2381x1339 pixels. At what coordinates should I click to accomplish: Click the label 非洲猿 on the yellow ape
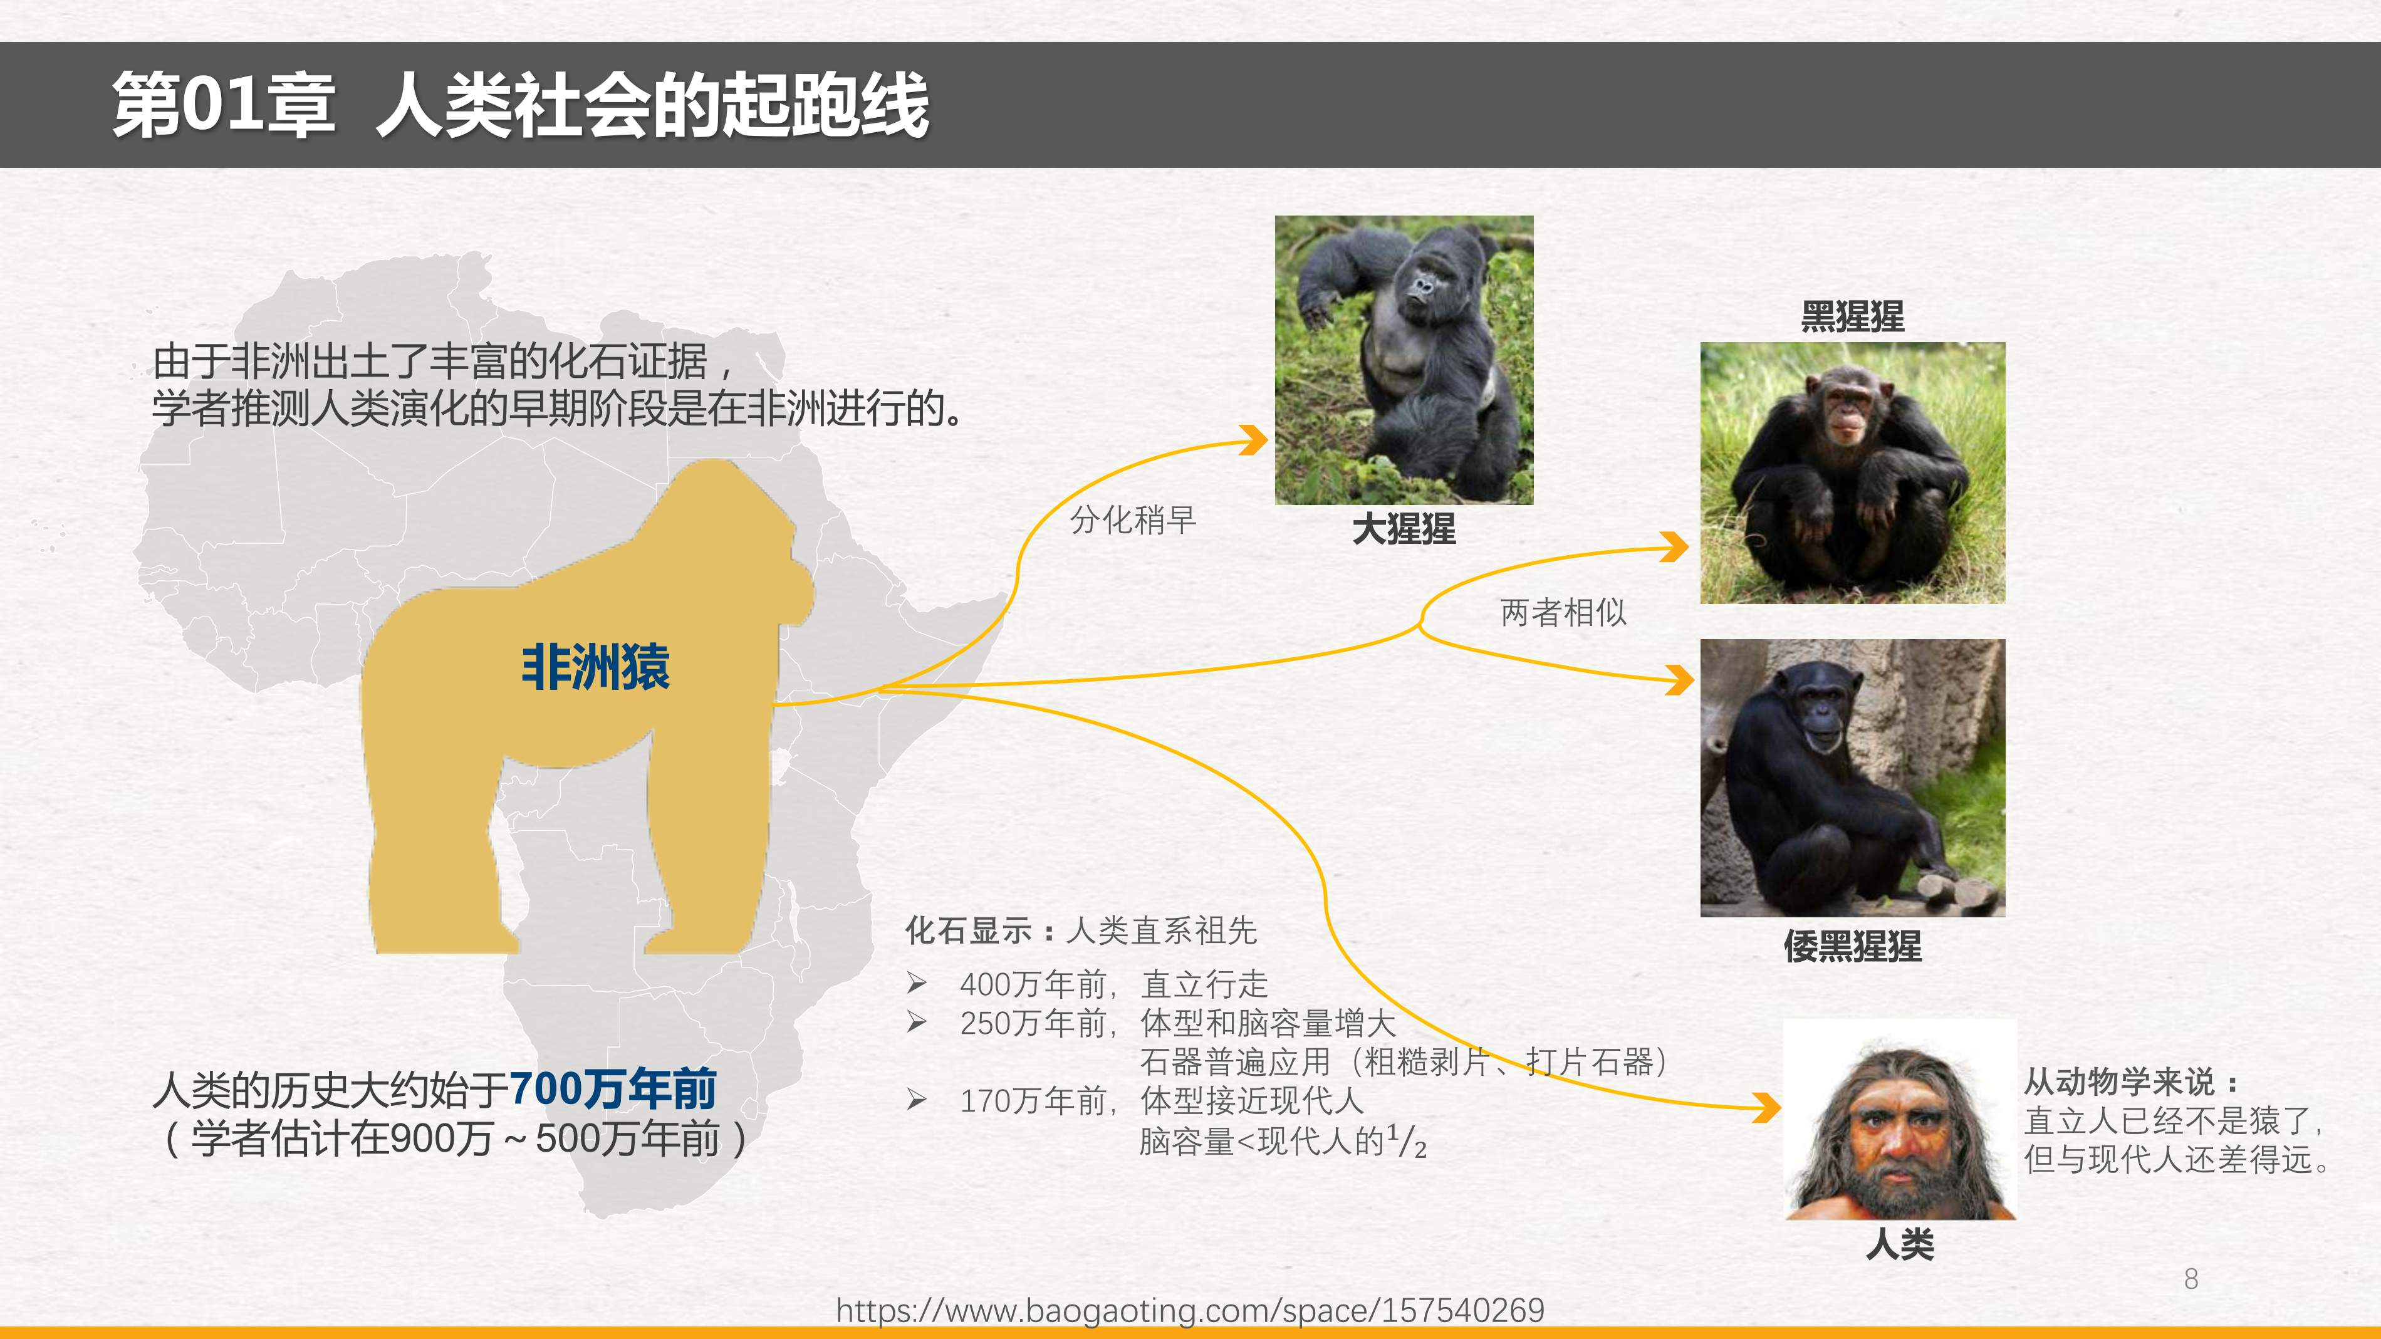(x=595, y=667)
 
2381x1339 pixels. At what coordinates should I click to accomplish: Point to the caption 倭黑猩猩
(x=1852, y=946)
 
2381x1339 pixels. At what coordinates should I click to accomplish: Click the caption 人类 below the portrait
(x=1899, y=1244)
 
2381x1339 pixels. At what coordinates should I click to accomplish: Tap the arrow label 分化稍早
(x=1133, y=520)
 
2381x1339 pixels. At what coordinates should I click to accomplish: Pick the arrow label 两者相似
(x=1563, y=612)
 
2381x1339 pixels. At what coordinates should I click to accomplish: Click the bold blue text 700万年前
(x=613, y=1088)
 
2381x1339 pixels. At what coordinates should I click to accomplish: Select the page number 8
(x=2191, y=1279)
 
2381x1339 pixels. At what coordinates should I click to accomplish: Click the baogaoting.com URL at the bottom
(x=1190, y=1310)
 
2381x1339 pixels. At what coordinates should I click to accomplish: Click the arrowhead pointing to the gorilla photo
(x=1255, y=440)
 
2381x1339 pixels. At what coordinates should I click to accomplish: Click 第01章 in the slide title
(x=224, y=105)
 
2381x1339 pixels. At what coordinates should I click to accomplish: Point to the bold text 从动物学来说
(x=2120, y=1081)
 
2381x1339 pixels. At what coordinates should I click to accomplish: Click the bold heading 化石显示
(x=967, y=930)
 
